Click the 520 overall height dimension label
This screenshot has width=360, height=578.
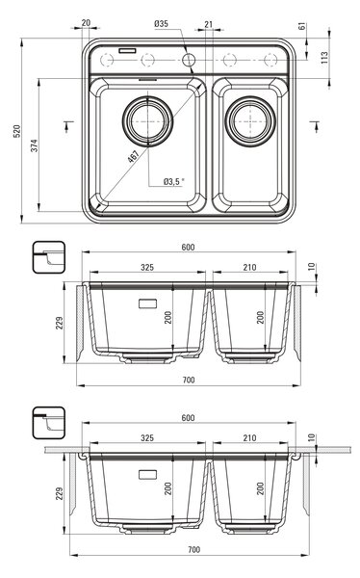pyautogui.click(x=16, y=131)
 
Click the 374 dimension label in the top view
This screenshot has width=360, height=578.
pyautogui.click(x=34, y=145)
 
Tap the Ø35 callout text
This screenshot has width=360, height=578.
pyautogui.click(x=161, y=24)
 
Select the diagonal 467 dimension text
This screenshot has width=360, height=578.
pyautogui.click(x=133, y=157)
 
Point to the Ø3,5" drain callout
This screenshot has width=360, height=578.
pyautogui.click(x=174, y=181)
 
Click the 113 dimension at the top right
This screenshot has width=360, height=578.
pyautogui.click(x=324, y=58)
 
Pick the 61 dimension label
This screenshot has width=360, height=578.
pyautogui.click(x=302, y=26)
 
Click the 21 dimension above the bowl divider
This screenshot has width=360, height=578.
pyautogui.click(x=209, y=24)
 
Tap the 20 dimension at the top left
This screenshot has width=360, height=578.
pyautogui.click(x=86, y=23)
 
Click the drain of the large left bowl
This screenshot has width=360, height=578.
pyautogui.click(x=148, y=121)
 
